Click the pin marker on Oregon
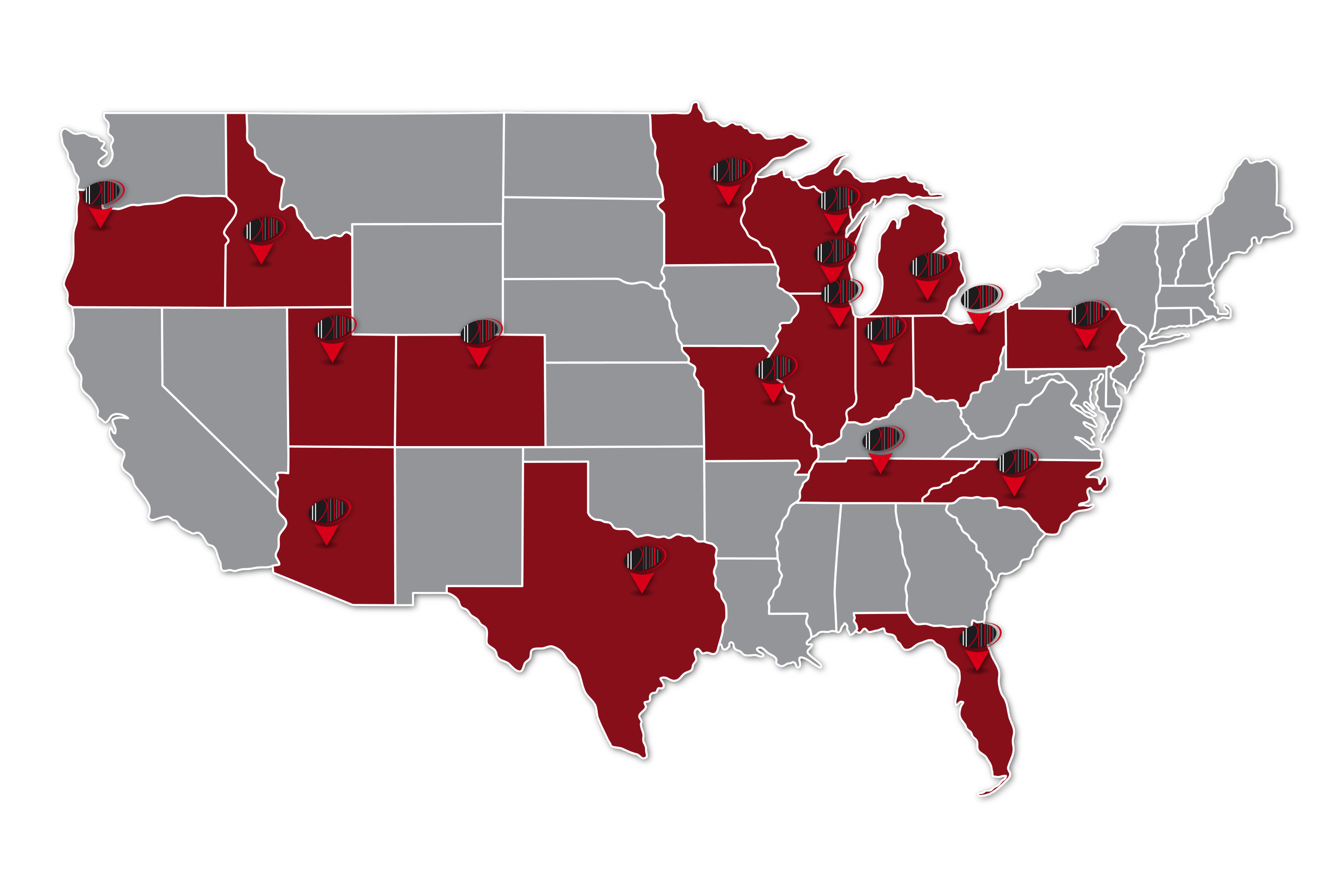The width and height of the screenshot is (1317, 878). [x=102, y=204]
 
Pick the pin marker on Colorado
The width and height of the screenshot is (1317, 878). [x=479, y=343]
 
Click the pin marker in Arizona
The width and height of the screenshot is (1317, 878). [x=327, y=521]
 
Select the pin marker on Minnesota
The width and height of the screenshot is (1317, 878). [x=729, y=181]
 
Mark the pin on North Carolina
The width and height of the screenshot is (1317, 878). [x=1015, y=472]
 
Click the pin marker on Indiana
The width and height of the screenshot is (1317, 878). [x=883, y=340]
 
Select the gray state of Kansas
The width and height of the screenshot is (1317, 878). [x=622, y=403]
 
